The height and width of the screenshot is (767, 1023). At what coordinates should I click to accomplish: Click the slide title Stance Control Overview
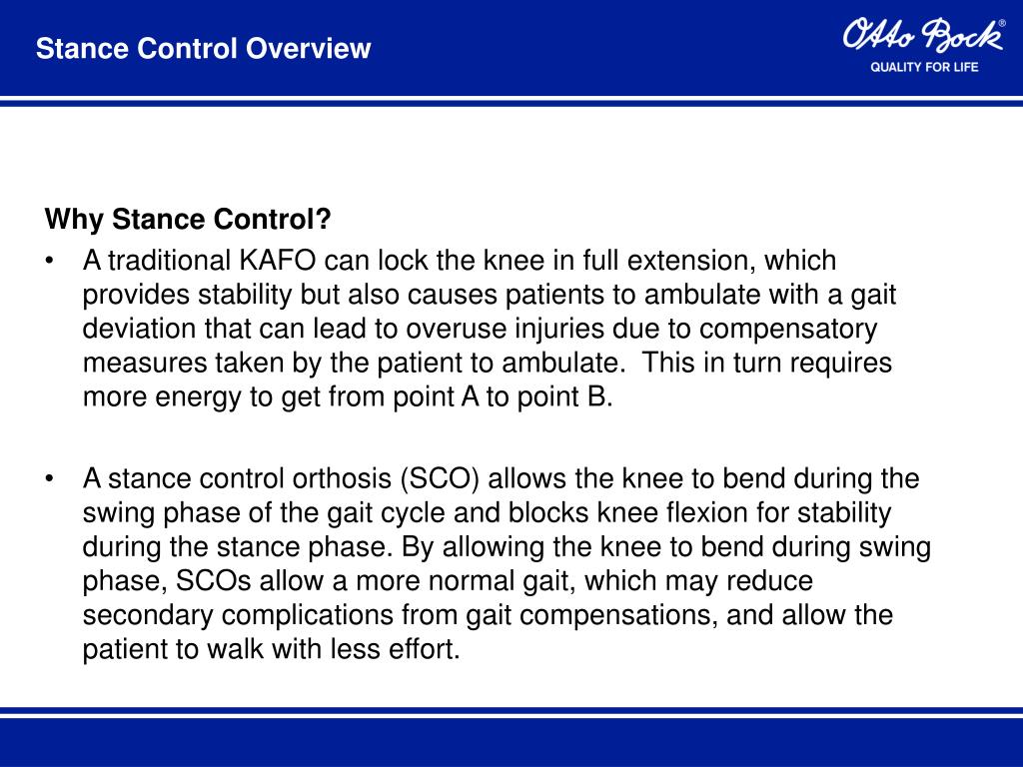point(203,48)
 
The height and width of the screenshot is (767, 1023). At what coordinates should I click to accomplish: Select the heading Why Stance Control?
point(188,219)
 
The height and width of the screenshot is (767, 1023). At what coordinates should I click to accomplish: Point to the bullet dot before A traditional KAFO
point(50,262)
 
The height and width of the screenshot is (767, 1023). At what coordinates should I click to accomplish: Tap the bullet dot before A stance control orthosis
point(50,479)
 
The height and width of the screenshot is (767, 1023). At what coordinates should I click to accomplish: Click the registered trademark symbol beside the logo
point(1002,23)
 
